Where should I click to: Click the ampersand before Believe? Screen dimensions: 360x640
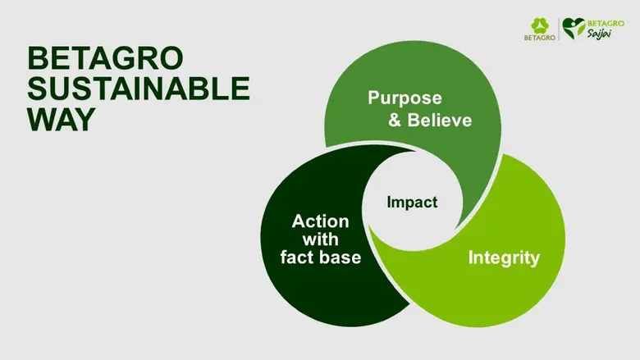click(x=395, y=121)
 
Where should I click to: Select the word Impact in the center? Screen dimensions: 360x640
click(x=412, y=202)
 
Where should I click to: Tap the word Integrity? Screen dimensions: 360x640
click(x=504, y=258)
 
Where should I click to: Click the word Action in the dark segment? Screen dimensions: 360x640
click(x=320, y=222)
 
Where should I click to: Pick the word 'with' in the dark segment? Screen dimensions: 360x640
click(x=320, y=240)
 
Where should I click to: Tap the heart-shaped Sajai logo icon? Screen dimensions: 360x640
click(x=574, y=30)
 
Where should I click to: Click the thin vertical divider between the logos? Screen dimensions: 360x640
click(x=559, y=31)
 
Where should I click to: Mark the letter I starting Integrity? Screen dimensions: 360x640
click(x=470, y=258)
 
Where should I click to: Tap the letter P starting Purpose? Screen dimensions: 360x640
click(x=373, y=98)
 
